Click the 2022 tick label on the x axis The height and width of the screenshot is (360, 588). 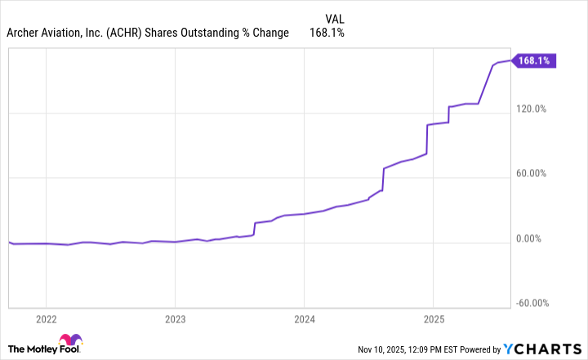46,318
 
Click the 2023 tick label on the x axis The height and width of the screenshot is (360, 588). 175,318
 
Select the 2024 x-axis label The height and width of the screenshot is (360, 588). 304,318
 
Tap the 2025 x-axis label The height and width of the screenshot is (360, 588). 433,318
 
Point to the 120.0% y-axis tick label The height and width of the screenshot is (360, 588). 532,109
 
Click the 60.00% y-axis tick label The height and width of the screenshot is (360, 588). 533,174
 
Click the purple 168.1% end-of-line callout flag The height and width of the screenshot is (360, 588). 534,60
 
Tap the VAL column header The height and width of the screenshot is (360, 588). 335,16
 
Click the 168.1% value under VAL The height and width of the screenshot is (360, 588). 327,33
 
